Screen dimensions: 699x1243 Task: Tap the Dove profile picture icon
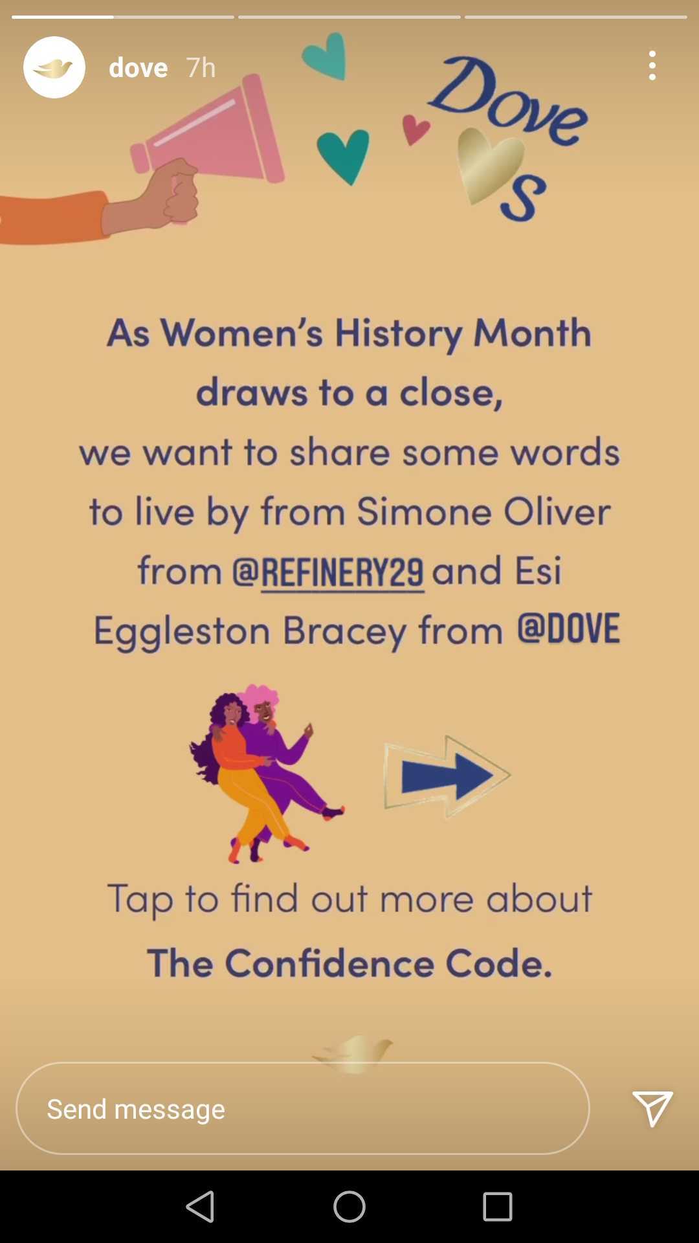coord(54,67)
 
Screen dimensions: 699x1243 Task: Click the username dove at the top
coord(139,67)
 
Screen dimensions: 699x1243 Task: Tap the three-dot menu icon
coord(652,66)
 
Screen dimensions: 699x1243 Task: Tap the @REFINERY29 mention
coord(328,571)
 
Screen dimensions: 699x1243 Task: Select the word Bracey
coord(344,631)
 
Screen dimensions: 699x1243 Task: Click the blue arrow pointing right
coord(447,776)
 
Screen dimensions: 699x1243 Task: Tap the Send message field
coord(303,1108)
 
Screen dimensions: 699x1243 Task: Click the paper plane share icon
coord(652,1108)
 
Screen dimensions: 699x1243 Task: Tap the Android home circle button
coord(349,1207)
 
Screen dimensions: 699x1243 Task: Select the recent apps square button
coord(498,1207)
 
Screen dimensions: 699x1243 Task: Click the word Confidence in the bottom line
coord(330,963)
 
